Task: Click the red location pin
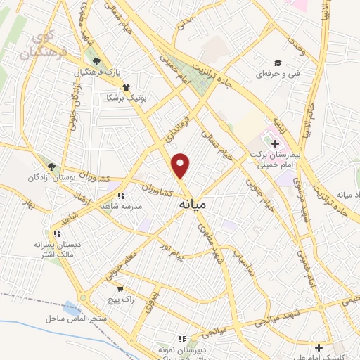[x=181, y=165]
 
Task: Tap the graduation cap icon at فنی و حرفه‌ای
[x=278, y=63]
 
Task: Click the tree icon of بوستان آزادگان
[x=52, y=166]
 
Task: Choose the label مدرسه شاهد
[x=122, y=205]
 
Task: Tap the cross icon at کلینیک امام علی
[x=319, y=347]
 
